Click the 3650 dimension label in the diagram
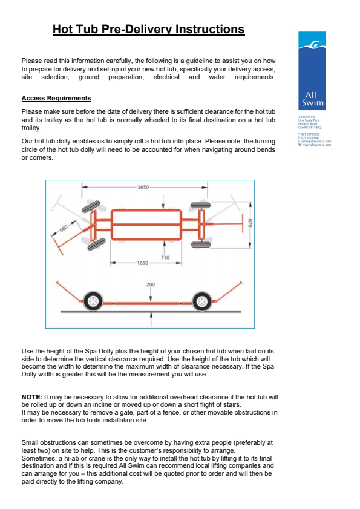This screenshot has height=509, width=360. [x=143, y=188]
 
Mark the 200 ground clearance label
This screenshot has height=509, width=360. [x=151, y=284]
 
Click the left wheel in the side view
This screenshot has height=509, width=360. [x=93, y=300]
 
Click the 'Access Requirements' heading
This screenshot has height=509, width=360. [x=56, y=98]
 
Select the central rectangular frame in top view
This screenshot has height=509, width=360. [x=146, y=224]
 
